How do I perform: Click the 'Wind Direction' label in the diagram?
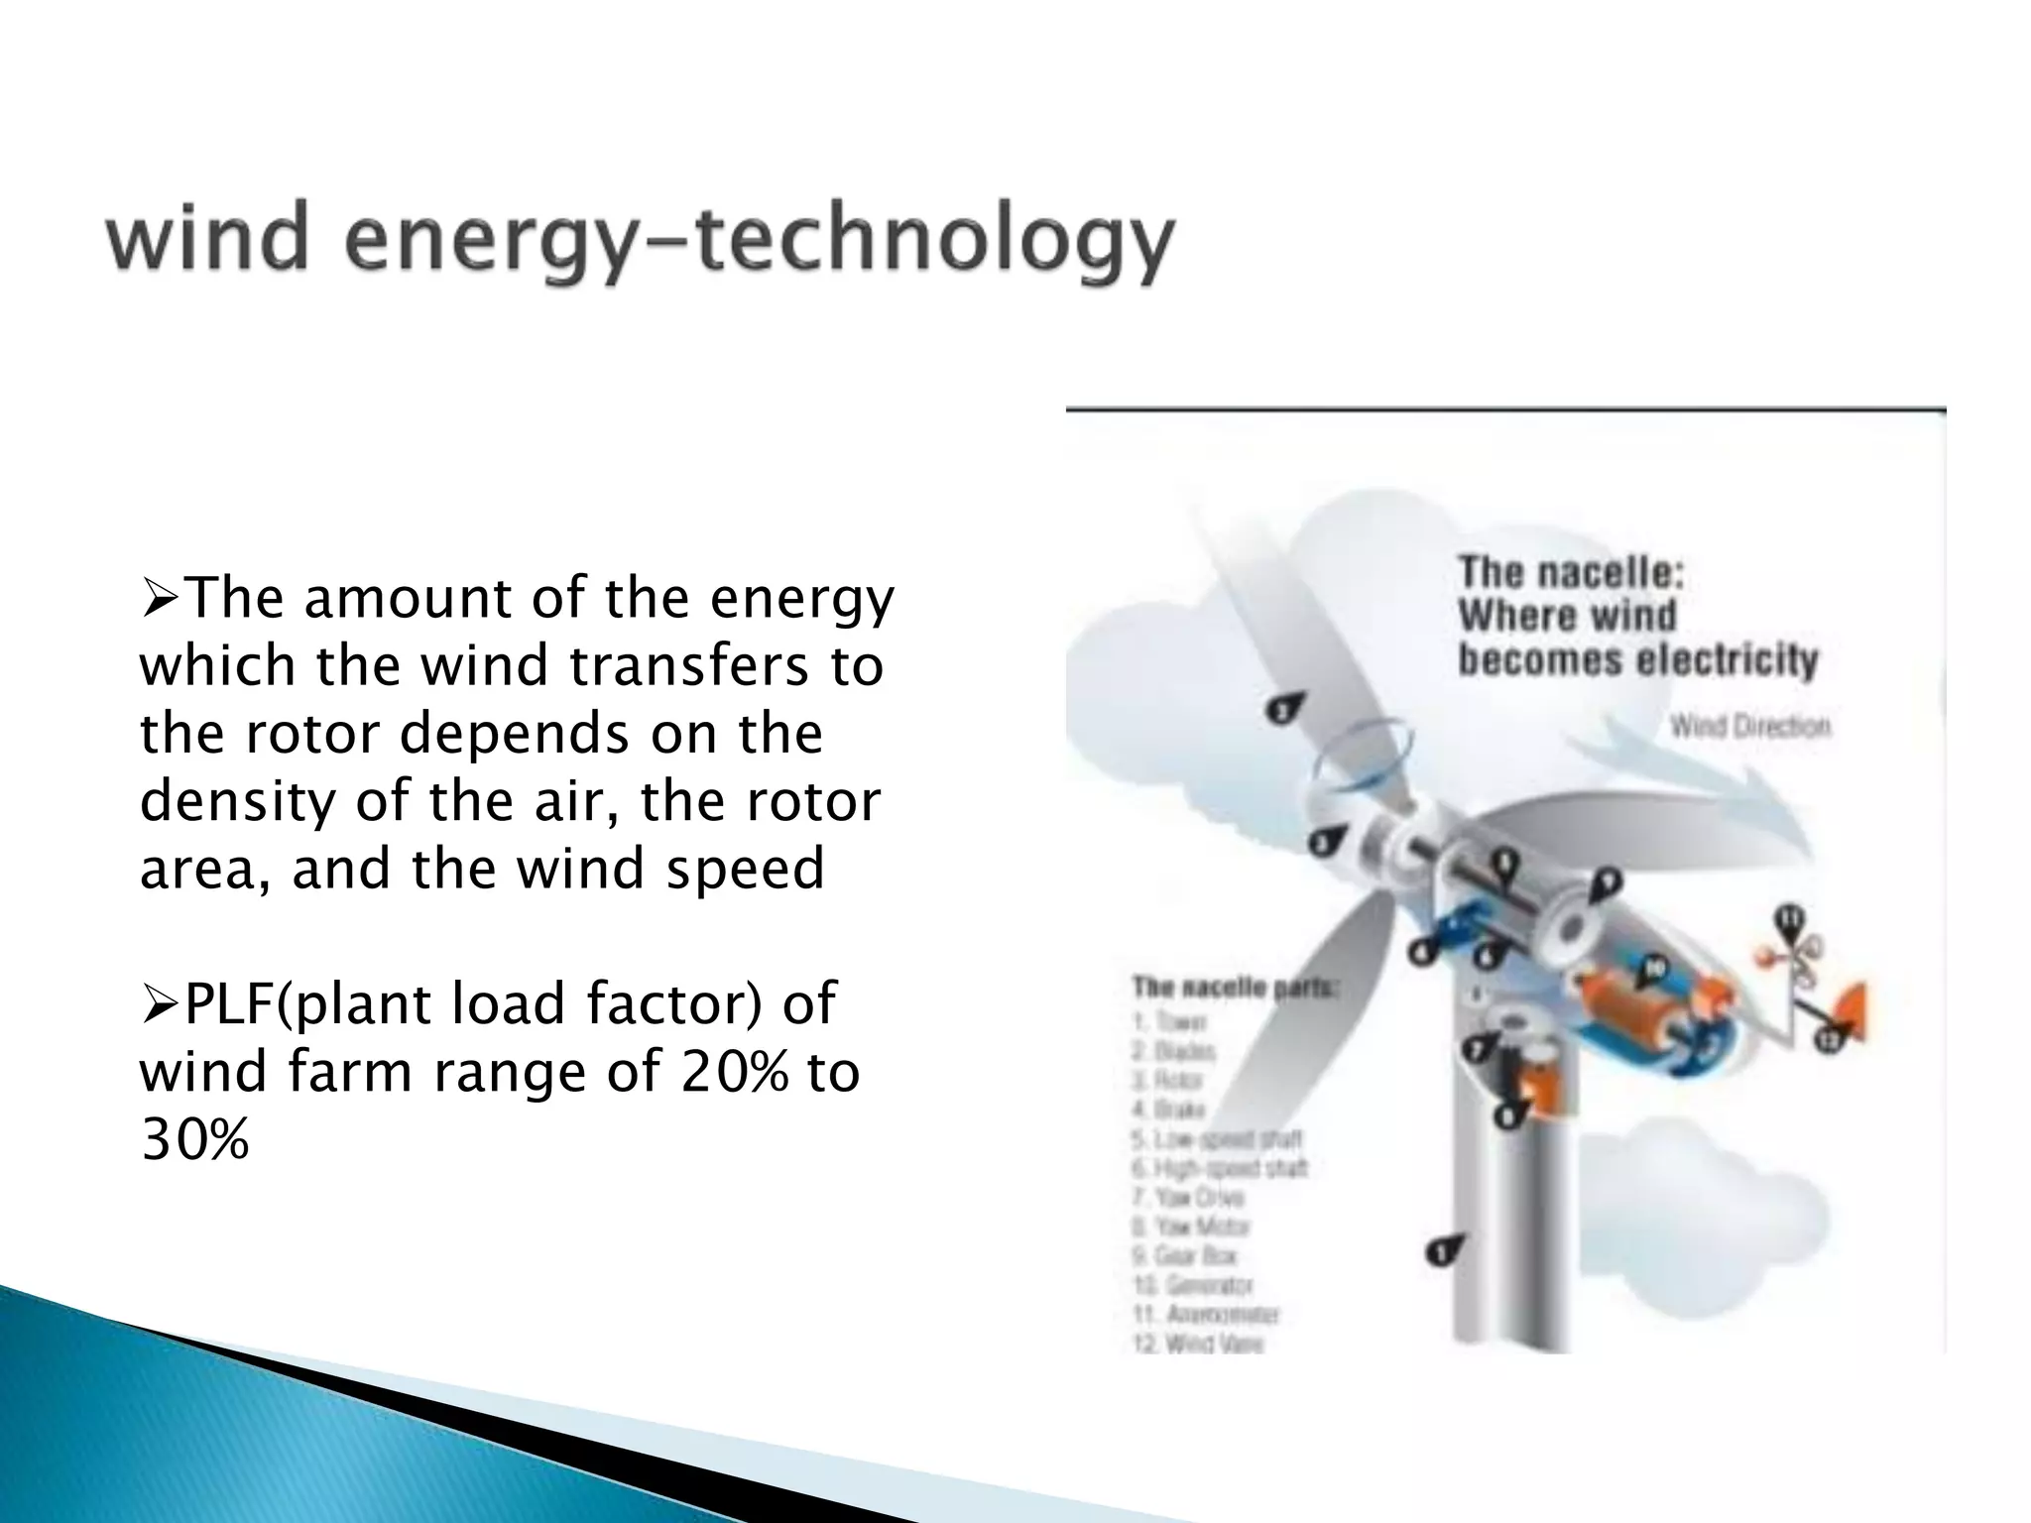pos(1749,727)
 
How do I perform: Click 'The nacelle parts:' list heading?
pos(1235,988)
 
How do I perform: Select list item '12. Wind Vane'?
pos(1198,1345)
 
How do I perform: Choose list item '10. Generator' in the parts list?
pos(1193,1285)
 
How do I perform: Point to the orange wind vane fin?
pos(1851,1003)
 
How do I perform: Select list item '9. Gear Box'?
pos(1184,1255)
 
